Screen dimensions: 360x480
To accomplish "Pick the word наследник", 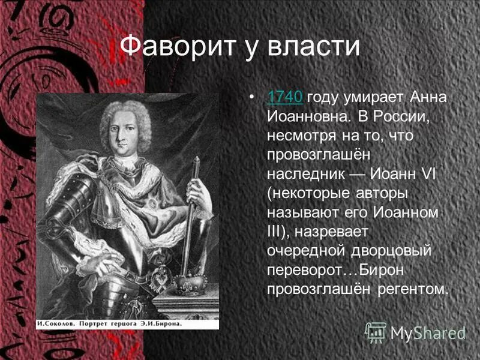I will pos(305,174).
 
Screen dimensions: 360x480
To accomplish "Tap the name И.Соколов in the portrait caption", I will pos(57,323).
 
